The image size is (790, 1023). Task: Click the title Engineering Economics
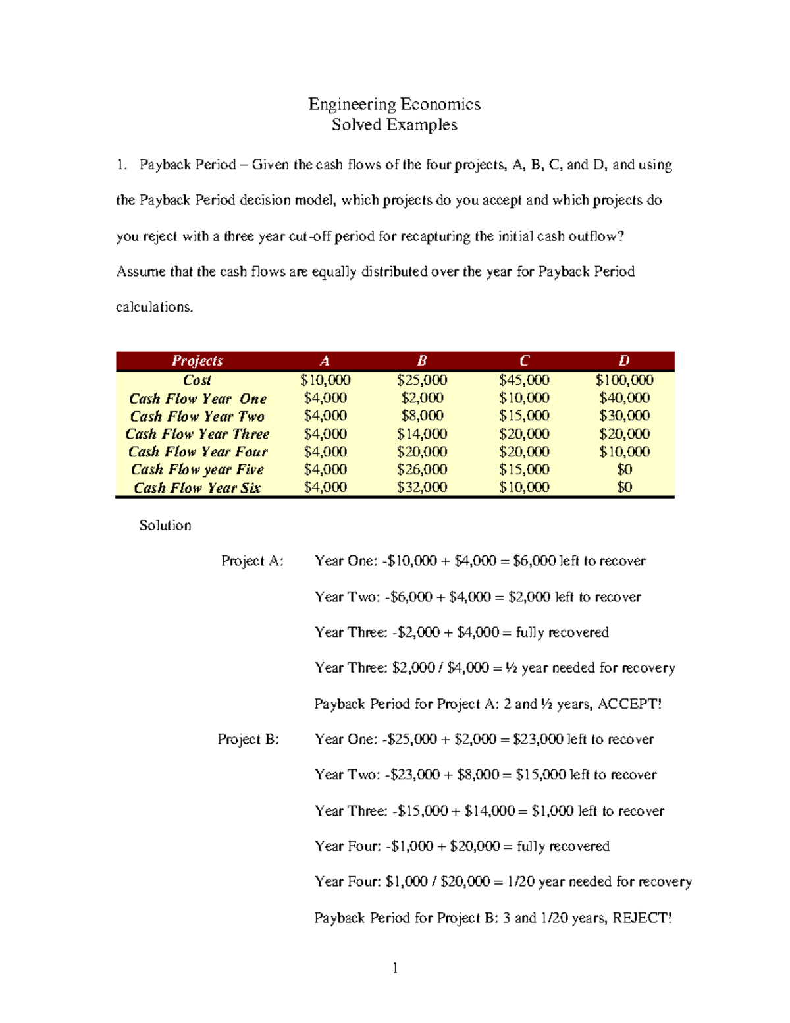394,104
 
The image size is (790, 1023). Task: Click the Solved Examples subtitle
394,125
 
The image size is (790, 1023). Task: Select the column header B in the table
422,361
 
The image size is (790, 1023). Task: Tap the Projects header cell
197,361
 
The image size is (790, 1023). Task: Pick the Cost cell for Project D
624,380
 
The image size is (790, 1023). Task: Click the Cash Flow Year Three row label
197,434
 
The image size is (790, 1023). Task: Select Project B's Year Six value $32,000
422,487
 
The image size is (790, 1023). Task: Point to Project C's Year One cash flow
524,398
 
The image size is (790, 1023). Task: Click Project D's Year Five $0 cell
624,470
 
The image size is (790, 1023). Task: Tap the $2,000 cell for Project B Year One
422,398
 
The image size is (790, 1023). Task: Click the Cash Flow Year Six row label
197,488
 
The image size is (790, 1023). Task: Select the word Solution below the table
165,526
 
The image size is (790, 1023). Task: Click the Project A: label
252,561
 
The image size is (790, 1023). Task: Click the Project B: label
248,740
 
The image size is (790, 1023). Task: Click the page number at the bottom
395,968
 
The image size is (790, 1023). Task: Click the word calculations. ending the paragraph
155,308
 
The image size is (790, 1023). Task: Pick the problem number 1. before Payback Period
121,165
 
